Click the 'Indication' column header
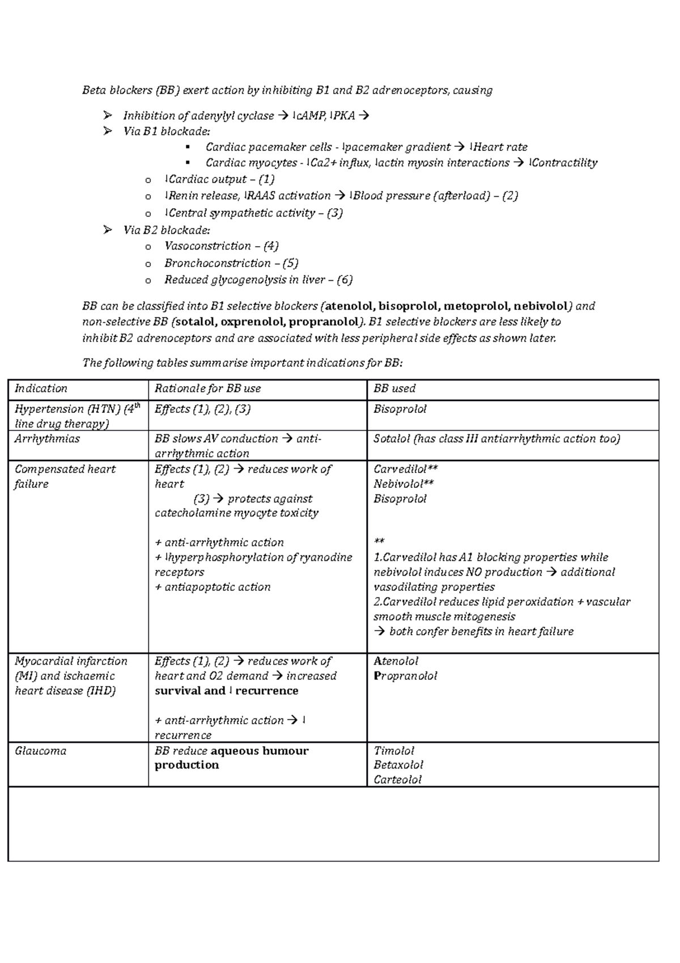click(x=41, y=388)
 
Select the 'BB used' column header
click(x=394, y=388)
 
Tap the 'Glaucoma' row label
click(x=40, y=751)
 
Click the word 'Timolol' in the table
click(x=394, y=751)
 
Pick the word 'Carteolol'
click(x=397, y=780)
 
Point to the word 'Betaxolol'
click(x=398, y=765)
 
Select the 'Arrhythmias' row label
click(x=47, y=439)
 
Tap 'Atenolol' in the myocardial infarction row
click(x=396, y=661)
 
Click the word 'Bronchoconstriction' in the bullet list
click(x=218, y=263)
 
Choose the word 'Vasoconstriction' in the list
click(x=207, y=246)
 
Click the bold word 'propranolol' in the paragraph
click(x=324, y=322)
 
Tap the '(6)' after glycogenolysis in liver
click(x=345, y=280)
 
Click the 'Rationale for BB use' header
click(x=207, y=388)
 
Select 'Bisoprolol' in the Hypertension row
click(x=400, y=409)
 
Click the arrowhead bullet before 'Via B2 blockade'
click(x=108, y=230)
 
